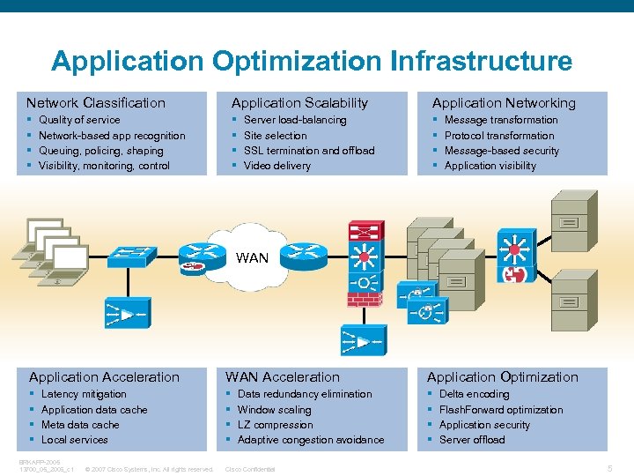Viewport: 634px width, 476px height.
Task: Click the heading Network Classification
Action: (95, 103)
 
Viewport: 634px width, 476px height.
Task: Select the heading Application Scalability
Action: (299, 103)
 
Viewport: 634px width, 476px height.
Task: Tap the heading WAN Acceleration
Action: (282, 377)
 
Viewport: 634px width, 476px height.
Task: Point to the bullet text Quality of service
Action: (79, 120)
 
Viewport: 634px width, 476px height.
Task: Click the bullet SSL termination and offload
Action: (308, 151)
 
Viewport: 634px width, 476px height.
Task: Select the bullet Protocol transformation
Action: (498, 136)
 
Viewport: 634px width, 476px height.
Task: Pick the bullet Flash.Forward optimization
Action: (500, 410)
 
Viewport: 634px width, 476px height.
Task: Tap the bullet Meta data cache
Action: (80, 425)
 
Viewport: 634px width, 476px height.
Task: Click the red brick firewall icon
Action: (358, 298)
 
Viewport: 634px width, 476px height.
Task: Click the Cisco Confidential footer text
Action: (251, 469)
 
